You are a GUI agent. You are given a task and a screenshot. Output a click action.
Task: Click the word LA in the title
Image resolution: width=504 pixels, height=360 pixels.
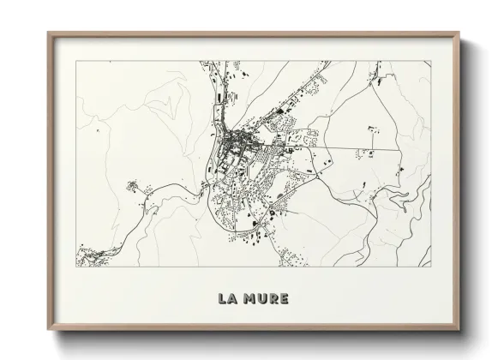(228, 299)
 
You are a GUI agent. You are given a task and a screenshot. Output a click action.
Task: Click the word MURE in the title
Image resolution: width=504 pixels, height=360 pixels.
(267, 299)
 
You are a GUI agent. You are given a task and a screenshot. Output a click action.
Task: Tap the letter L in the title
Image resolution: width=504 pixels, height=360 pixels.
(223, 299)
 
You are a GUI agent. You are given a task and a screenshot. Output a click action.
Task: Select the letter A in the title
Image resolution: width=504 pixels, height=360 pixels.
(233, 299)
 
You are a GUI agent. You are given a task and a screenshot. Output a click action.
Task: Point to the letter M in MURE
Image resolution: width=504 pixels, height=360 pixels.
(250, 299)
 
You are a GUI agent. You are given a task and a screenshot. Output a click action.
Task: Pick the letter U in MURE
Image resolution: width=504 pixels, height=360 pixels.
(262, 299)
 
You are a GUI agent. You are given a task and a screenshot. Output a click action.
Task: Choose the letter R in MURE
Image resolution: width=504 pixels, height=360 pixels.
(273, 299)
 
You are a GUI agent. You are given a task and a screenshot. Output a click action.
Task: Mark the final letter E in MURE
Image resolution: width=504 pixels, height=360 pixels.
(284, 299)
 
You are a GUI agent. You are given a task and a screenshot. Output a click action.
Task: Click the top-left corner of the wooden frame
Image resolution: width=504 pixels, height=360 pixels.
(48, 33)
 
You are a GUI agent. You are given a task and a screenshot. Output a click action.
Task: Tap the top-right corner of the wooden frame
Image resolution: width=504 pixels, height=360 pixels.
(459, 33)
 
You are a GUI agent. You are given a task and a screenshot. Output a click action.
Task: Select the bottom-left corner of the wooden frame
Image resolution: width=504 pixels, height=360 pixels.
(48, 332)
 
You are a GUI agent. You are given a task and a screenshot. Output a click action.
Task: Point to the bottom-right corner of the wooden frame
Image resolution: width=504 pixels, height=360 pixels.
(459, 332)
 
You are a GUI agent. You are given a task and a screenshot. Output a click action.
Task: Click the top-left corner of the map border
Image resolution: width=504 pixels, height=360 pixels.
(75, 60)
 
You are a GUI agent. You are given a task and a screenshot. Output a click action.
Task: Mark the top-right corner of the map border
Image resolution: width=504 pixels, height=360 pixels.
(432, 60)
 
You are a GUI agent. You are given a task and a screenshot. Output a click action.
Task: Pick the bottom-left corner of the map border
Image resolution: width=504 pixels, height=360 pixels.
(75, 267)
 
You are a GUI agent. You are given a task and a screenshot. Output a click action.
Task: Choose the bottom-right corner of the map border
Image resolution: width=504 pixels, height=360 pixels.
(432, 267)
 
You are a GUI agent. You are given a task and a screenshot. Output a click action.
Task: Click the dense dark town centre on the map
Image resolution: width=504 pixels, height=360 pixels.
(236, 141)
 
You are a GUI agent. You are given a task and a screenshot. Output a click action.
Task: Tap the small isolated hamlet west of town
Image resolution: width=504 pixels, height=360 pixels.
(132, 183)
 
